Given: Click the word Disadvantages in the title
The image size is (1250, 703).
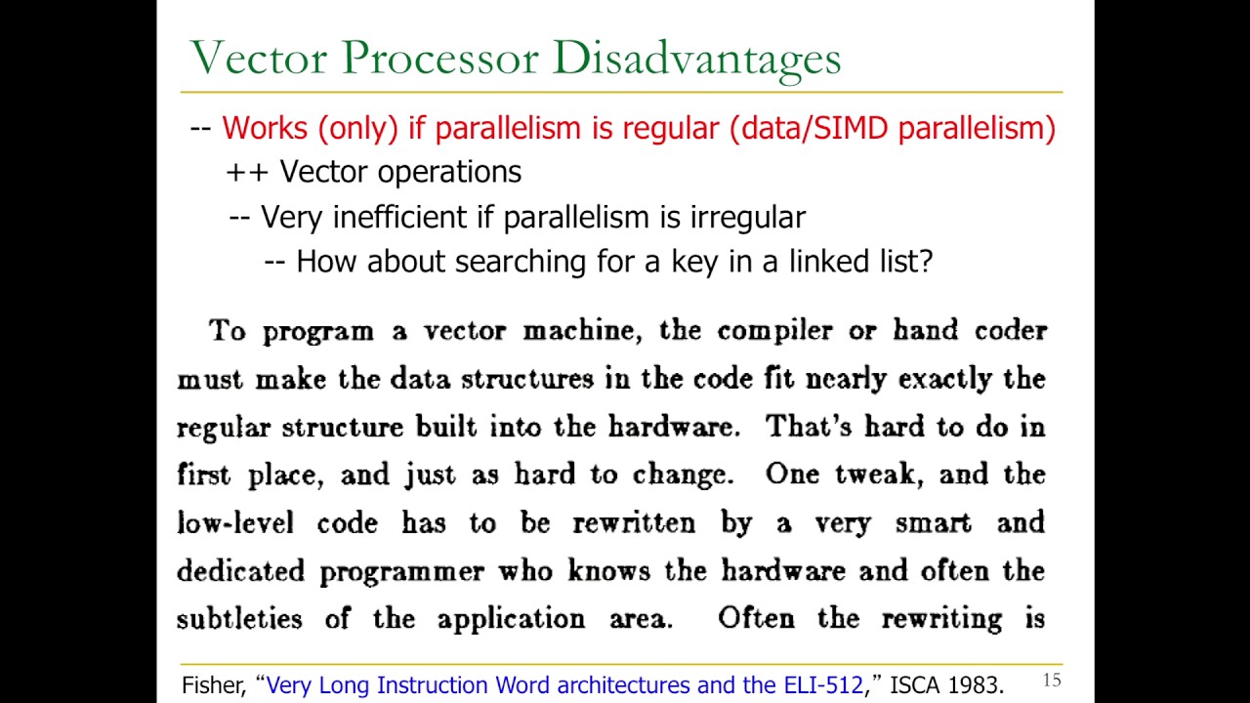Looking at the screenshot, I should coord(695,59).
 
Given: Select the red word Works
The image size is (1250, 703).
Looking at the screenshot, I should coord(264,128).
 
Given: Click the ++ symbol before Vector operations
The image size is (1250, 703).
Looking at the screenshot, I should coord(248,172).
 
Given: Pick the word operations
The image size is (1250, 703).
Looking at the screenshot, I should coord(448,173).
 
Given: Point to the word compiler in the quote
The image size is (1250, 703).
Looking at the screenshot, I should coord(779,330).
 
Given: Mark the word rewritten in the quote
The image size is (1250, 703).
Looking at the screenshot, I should coord(634,522).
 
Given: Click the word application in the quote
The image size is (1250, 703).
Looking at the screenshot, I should coord(511,619).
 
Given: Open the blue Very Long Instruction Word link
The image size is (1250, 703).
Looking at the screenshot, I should coord(564,685).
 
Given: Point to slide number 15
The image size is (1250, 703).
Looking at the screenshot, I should coord(1052,681).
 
